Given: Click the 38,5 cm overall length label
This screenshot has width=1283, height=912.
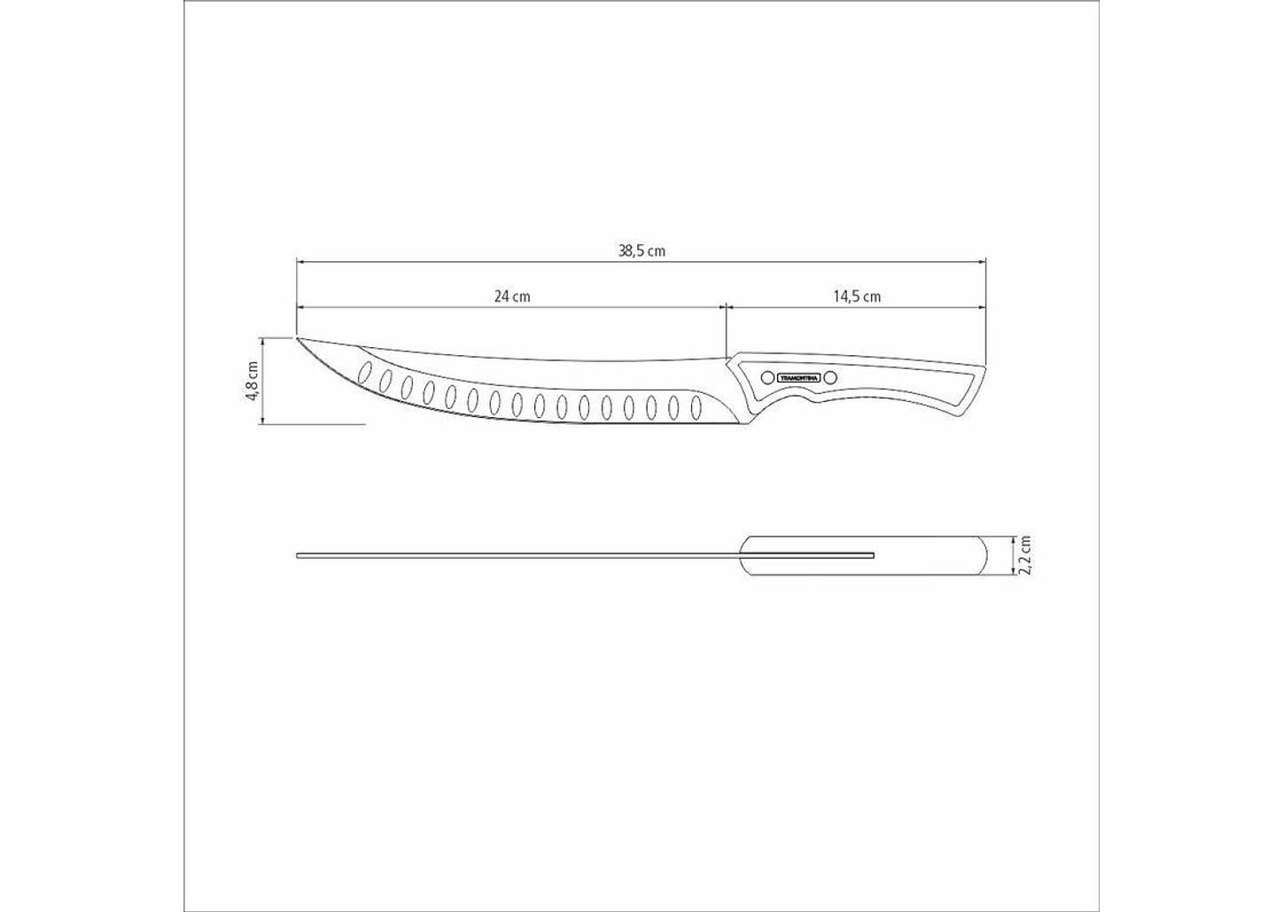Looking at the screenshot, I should pyautogui.click(x=641, y=251).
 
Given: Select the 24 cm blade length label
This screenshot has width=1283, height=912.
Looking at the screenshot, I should pyautogui.click(x=512, y=296).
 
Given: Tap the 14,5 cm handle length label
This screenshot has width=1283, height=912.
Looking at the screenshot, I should pyautogui.click(x=856, y=296).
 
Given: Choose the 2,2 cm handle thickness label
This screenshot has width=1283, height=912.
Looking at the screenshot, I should pyautogui.click(x=1025, y=555).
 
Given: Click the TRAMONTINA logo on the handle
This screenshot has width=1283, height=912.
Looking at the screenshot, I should pyautogui.click(x=798, y=378).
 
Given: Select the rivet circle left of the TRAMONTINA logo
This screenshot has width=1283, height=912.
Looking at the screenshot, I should pyautogui.click(x=767, y=378).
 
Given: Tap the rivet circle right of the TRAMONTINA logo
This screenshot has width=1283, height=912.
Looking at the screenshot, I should pyautogui.click(x=830, y=378).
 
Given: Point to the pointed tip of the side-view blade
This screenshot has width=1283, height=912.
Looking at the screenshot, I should pyautogui.click(x=298, y=338).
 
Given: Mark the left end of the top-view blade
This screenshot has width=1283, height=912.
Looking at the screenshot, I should pyautogui.click(x=299, y=555).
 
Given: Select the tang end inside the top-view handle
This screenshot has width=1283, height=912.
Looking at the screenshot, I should pyautogui.click(x=873, y=555).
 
